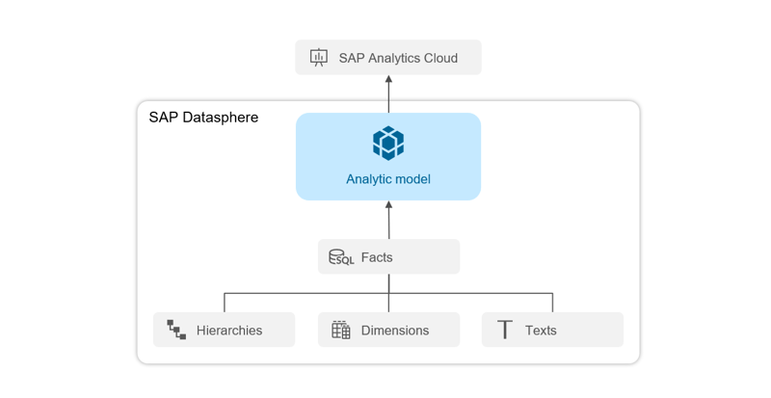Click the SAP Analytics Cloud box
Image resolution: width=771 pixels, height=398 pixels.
[x=387, y=58]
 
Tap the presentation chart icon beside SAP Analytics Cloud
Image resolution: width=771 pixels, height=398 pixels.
[x=319, y=58]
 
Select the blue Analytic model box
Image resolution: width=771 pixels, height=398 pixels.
[x=387, y=156]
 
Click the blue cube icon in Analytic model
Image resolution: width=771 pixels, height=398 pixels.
[x=387, y=143]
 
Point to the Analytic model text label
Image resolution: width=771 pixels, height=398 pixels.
[x=387, y=179]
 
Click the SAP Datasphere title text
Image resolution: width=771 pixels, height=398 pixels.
[x=203, y=118]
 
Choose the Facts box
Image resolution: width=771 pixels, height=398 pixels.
[x=388, y=257]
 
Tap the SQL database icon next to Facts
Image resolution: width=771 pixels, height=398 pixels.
[x=341, y=257]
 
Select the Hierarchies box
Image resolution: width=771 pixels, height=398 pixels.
[x=224, y=330]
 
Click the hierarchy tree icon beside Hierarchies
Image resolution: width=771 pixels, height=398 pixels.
[x=176, y=330]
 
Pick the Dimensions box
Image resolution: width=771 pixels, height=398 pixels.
[x=388, y=330]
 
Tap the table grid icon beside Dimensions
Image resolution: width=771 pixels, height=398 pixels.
[x=341, y=330]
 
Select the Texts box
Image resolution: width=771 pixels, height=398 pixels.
[x=552, y=330]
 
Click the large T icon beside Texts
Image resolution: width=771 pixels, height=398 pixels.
[x=505, y=330]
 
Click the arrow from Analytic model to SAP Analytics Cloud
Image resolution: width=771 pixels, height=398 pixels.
[x=388, y=94]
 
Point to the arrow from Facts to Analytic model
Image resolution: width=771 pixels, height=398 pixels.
[x=388, y=220]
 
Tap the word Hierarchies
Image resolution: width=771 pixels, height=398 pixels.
[x=229, y=330]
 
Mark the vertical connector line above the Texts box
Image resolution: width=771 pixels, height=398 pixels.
[x=552, y=303]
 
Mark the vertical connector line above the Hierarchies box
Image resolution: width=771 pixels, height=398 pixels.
[x=225, y=303]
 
